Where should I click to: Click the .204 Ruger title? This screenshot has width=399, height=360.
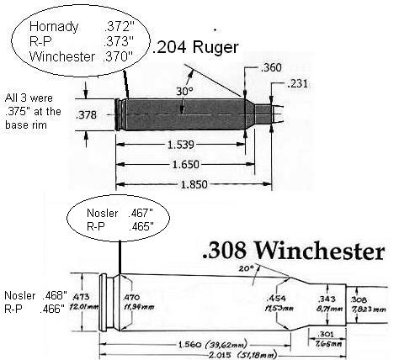point(195,47)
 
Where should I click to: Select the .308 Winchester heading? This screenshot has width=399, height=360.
point(293,250)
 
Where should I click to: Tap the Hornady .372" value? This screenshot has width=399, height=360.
point(120,27)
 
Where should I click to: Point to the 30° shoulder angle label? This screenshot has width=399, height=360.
point(184,91)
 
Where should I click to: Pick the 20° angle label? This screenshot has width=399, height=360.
point(246,268)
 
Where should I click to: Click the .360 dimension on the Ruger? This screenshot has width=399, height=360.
point(271,67)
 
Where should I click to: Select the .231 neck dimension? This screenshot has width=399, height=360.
point(297,83)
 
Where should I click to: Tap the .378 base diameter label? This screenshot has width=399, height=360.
point(86,114)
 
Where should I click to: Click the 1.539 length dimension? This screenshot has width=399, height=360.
point(181,145)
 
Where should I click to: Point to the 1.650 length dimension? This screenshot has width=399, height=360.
point(186,164)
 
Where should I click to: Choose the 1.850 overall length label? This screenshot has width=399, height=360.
point(194,184)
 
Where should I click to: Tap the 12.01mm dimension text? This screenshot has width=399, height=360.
point(86,307)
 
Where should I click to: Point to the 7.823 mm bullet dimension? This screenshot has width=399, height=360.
point(369,310)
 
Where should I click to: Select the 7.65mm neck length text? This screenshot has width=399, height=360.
point(328,343)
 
